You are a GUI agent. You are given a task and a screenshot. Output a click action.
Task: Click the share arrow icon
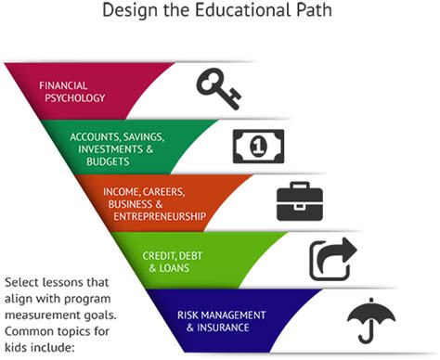click(x=332, y=259)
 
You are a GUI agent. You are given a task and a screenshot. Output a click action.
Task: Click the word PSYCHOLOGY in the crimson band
click(x=72, y=97)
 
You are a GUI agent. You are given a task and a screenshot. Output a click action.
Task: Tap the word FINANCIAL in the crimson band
click(x=63, y=85)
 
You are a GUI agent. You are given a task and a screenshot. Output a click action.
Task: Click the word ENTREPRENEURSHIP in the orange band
click(x=159, y=215)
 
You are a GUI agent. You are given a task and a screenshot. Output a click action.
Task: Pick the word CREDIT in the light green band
click(x=160, y=253)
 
